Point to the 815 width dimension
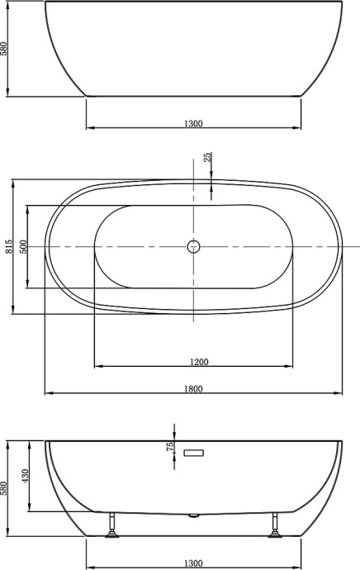[x=8, y=246]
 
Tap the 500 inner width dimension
[x=24, y=246]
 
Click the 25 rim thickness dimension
[x=207, y=156]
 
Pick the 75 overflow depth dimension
[x=171, y=445]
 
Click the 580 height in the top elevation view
[x=5, y=50]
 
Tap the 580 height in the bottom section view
[x=5, y=489]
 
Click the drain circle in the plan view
[x=193, y=246]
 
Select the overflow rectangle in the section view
[x=194, y=453]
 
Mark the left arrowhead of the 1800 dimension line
[x=47, y=392]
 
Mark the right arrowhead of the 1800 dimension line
[x=341, y=392]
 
